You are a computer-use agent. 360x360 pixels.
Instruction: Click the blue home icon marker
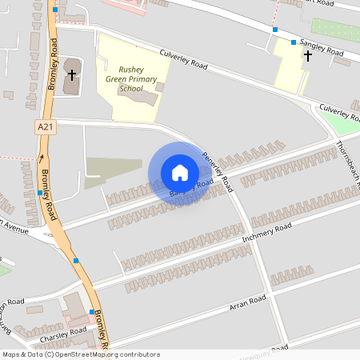pyautogui.click(x=180, y=172)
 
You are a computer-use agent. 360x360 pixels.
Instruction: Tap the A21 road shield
pyautogui.click(x=46, y=127)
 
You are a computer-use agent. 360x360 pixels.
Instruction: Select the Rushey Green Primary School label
pyautogui.click(x=130, y=79)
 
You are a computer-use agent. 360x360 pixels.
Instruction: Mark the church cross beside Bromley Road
pyautogui.click(x=72, y=75)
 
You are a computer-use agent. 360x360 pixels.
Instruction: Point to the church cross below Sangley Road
pyautogui.click(x=308, y=56)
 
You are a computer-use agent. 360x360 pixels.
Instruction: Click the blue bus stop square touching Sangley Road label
pyautogui.click(x=294, y=42)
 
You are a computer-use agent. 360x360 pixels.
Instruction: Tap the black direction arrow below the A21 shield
pyautogui.click(x=42, y=158)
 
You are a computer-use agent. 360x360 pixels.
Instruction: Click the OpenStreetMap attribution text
pyautogui.click(x=80, y=354)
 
